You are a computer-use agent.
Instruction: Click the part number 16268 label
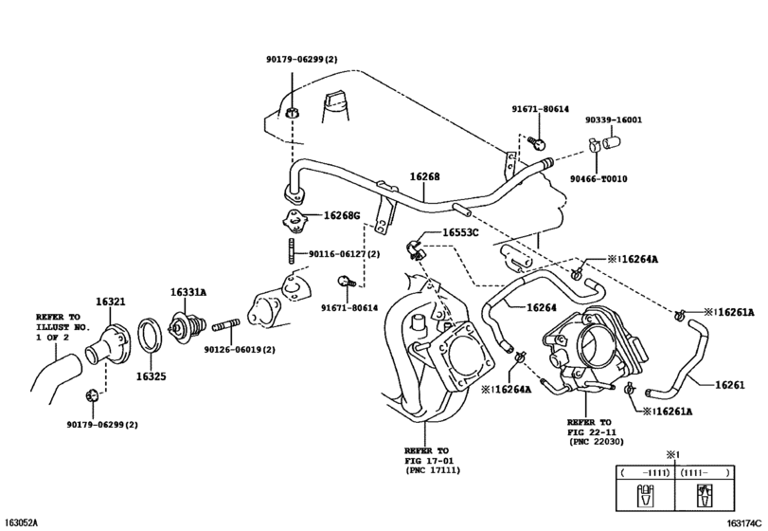coord(424,176)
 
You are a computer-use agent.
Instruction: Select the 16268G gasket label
coord(342,215)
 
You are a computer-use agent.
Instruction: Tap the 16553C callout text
coord(460,232)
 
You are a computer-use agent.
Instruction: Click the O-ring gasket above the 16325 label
coord(151,335)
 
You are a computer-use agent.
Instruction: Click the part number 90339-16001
coord(614,120)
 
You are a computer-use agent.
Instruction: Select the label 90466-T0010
coord(598,179)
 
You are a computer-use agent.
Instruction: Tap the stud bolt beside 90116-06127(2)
coord(292,250)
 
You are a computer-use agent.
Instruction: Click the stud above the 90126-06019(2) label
coord(226,324)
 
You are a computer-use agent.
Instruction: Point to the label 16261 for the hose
coord(730,385)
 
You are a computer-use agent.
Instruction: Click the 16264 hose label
coord(542,308)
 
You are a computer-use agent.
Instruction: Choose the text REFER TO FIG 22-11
coord(589,427)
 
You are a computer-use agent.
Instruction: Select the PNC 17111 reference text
coord(433,470)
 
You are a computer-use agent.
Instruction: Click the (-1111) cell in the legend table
coord(645,472)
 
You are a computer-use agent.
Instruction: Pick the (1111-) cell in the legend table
coord(705,472)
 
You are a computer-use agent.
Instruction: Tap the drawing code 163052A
coord(20,522)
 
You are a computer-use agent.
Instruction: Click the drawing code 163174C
coord(745,522)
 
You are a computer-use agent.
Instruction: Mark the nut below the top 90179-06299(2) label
coord(292,112)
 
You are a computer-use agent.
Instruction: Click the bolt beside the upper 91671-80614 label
coord(537,142)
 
